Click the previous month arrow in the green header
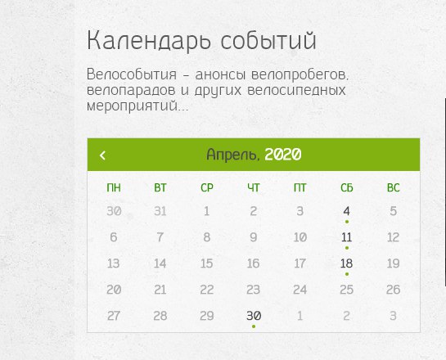point(102,155)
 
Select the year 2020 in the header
point(282,155)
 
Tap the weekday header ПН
point(114,187)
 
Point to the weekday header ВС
point(394,187)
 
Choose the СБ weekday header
point(347,187)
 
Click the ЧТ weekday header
point(254,187)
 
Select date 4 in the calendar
point(346,211)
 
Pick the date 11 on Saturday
point(346,237)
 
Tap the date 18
point(346,263)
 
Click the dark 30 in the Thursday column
point(254,316)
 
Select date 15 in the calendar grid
point(206,263)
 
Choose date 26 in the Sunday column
point(393,290)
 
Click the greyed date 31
point(160,211)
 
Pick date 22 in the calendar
point(206,290)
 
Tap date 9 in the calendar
point(254,237)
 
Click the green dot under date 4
point(347,222)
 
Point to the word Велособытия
point(132,74)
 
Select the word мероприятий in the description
point(133,106)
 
